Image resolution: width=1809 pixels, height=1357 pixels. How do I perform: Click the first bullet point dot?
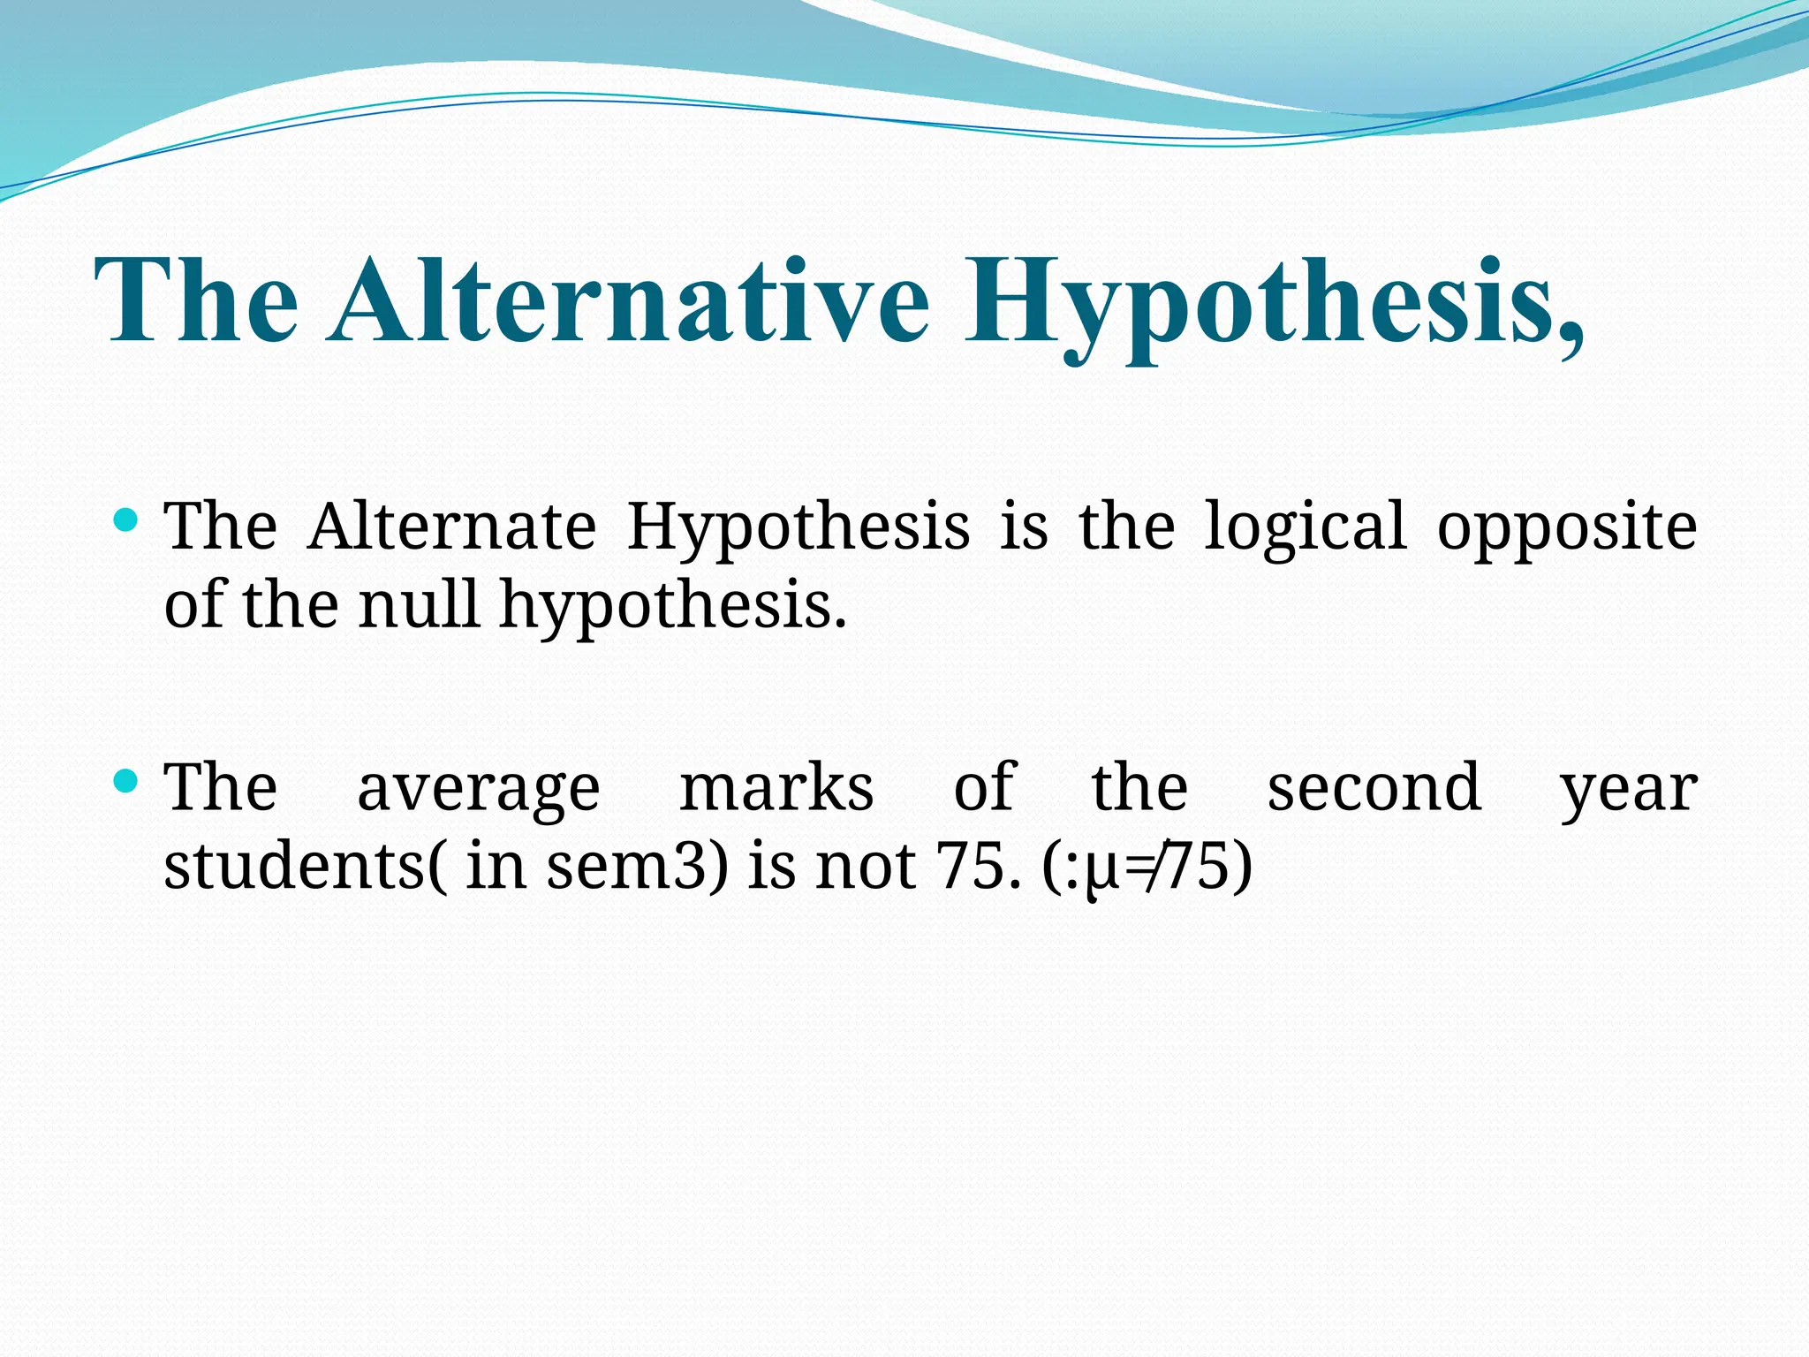(x=126, y=519)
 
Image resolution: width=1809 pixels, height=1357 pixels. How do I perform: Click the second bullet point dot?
(x=126, y=780)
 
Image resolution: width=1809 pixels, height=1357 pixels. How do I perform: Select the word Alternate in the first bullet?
(x=451, y=527)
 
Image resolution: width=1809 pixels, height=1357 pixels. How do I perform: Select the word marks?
(x=776, y=787)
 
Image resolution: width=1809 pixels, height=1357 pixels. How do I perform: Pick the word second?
(x=1374, y=787)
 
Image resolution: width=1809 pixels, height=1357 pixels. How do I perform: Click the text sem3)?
(x=637, y=866)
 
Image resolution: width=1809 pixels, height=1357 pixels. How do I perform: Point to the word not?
(x=865, y=866)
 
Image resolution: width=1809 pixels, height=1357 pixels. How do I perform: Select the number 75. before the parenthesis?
(x=972, y=866)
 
